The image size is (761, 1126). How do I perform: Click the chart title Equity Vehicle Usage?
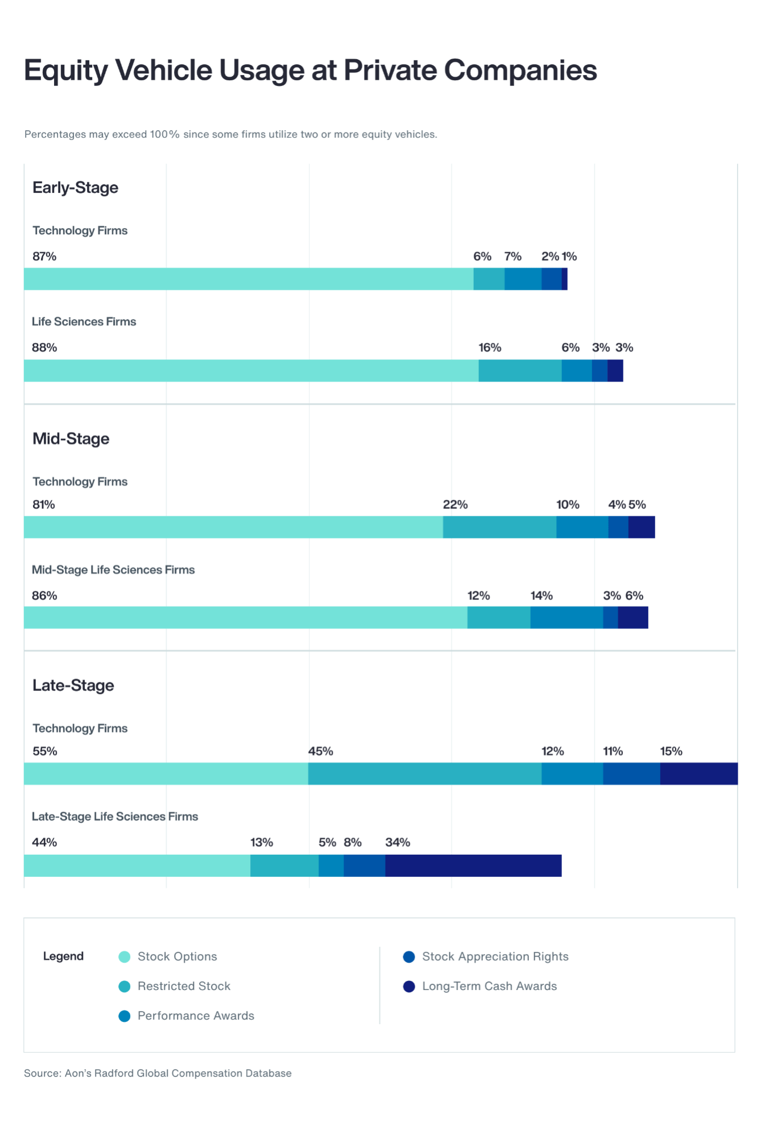[x=310, y=71]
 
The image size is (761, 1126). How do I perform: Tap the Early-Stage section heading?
[x=75, y=188]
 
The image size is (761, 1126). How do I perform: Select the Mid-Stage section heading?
[x=71, y=439]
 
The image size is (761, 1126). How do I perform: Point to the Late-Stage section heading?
[x=73, y=685]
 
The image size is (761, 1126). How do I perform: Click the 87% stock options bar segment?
[x=249, y=279]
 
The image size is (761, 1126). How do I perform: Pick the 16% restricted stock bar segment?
[x=520, y=371]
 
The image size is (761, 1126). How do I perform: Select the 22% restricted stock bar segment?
[x=499, y=527]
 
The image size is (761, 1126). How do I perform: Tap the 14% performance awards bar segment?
[x=566, y=618]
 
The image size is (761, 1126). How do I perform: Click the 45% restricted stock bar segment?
[x=424, y=774]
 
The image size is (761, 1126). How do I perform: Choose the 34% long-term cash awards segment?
[x=473, y=866]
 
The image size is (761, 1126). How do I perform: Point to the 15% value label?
[x=671, y=751]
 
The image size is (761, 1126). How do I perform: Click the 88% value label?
[x=44, y=347]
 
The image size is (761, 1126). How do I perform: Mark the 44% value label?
[x=44, y=842]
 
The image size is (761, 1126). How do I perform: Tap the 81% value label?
[x=44, y=504]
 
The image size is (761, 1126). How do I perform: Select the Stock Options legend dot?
[x=125, y=957]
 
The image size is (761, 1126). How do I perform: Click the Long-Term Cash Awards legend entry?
[x=489, y=986]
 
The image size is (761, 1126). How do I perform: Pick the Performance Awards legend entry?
[x=196, y=1016]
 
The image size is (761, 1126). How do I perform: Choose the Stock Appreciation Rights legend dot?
[x=409, y=957]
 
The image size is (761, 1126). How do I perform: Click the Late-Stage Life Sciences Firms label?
[x=115, y=817]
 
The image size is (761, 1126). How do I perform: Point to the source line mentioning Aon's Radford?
[x=158, y=1073]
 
